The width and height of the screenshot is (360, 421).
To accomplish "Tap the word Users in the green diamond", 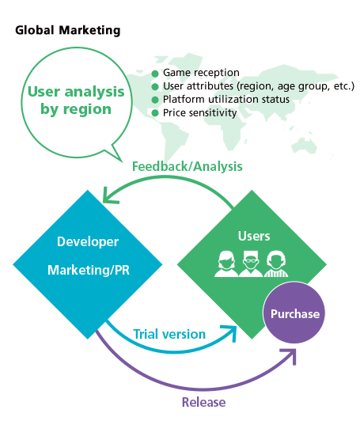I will [253, 236].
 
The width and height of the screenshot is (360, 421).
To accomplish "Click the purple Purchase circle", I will [295, 313].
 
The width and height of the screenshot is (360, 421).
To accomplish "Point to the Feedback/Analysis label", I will [188, 167].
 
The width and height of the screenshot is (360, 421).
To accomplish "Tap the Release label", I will [204, 401].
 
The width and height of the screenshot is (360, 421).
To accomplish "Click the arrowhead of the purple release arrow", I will [290, 355].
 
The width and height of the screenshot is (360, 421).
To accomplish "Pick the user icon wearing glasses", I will [251, 264].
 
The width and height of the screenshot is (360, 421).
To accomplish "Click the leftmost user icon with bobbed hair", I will [226, 264].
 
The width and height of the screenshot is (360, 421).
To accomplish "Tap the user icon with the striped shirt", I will [275, 264].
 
